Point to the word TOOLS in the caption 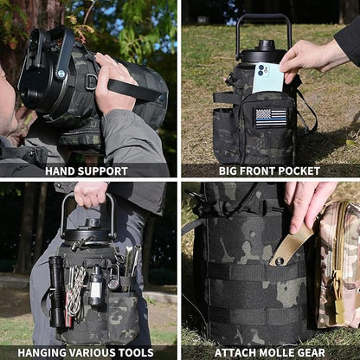(135, 352)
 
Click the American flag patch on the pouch (271, 117)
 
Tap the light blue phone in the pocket (267, 77)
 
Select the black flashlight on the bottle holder (56, 292)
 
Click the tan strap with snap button (290, 246)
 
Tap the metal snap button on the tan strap (279, 260)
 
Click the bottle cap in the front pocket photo (267, 45)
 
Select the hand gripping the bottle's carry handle (91, 194)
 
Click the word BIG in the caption (228, 171)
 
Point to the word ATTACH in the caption (235, 352)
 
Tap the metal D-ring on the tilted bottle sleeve (92, 82)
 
